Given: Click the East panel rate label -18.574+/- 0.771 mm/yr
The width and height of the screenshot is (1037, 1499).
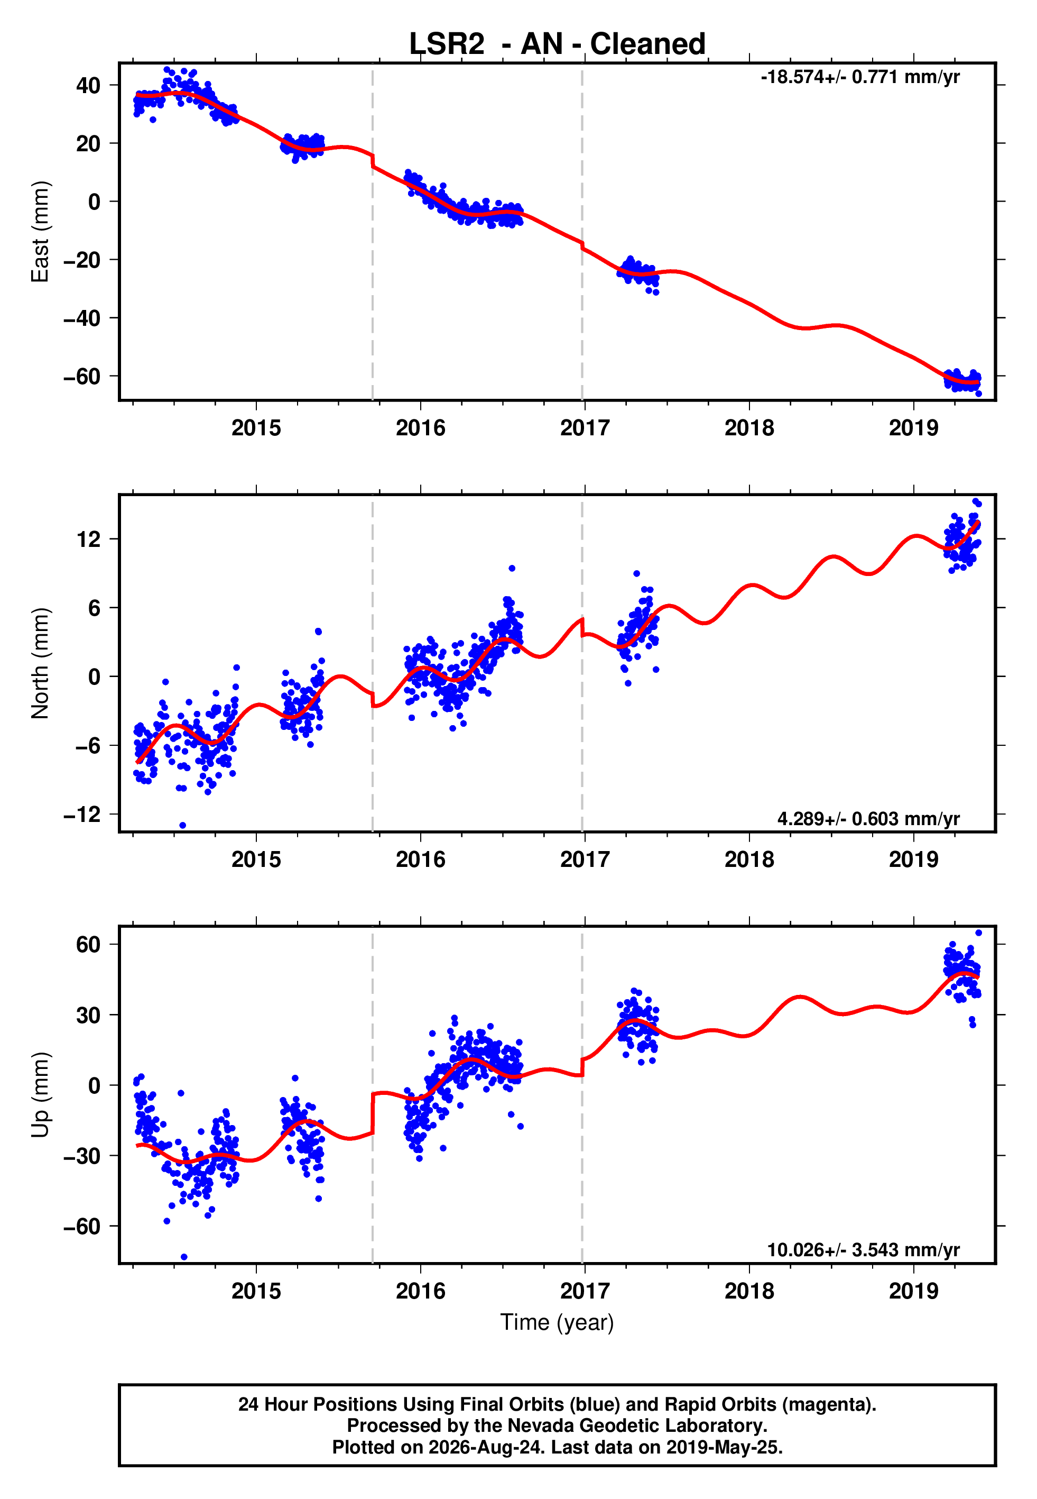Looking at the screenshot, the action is click(860, 77).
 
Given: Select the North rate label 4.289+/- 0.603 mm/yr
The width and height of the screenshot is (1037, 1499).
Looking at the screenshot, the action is click(869, 819).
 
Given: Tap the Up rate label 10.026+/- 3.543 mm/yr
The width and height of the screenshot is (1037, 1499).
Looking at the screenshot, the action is click(864, 1250).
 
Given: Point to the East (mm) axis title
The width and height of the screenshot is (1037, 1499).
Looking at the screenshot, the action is click(40, 232).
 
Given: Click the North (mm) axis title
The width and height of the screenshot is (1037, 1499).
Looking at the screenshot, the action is click(40, 663).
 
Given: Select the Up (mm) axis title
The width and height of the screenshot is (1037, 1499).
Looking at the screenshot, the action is click(40, 1095).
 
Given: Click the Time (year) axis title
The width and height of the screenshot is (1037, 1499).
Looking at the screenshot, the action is click(557, 1323).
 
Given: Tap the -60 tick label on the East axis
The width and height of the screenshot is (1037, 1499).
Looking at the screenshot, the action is click(82, 377).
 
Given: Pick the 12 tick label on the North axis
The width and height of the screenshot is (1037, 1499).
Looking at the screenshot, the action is click(88, 539).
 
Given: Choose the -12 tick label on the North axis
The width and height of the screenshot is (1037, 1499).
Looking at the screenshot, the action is click(82, 814).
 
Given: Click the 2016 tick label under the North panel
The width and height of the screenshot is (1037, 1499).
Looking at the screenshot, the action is click(420, 860).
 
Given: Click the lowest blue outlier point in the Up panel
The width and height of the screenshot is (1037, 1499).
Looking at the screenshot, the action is click(184, 1257).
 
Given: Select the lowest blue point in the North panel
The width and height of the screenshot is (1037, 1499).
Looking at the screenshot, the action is click(182, 826).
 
